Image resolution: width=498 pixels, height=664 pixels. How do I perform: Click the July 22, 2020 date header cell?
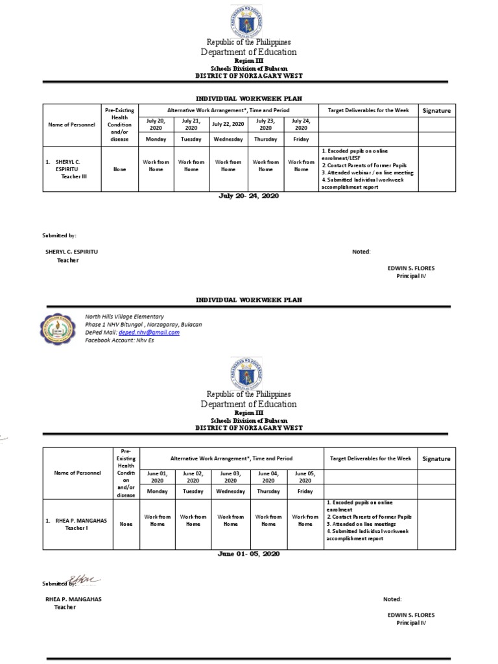(228, 124)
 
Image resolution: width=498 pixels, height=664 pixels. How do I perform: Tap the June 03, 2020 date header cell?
(230, 477)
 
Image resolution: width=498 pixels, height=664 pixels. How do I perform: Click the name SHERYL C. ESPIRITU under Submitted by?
(71, 251)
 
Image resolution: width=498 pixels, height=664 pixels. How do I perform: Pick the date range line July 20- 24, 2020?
(248, 195)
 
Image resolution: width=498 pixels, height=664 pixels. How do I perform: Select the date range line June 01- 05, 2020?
(248, 554)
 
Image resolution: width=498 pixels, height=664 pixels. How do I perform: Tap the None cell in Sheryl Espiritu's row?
(120, 170)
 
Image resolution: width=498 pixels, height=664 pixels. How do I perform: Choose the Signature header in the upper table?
(436, 111)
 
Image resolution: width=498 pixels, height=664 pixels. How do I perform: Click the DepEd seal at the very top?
(248, 20)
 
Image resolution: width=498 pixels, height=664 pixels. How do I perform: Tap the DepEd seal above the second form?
(248, 373)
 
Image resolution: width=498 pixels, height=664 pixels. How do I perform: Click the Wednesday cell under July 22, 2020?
(228, 139)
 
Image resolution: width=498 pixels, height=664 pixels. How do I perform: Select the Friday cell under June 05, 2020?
(305, 492)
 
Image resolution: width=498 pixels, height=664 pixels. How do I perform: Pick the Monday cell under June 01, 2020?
(157, 492)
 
